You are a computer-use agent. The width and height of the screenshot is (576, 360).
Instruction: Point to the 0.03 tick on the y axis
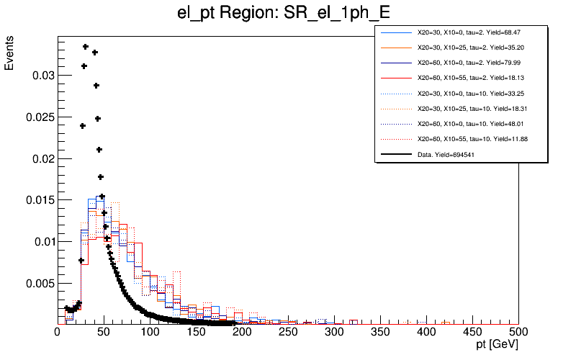click(40, 75)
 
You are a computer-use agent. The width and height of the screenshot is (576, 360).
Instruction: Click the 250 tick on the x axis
click(288, 332)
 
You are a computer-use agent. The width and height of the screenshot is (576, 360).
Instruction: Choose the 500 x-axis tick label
click(518, 332)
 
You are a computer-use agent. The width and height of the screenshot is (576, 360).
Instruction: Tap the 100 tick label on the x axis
click(150, 332)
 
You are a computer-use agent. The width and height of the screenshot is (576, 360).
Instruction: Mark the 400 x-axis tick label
click(426, 332)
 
